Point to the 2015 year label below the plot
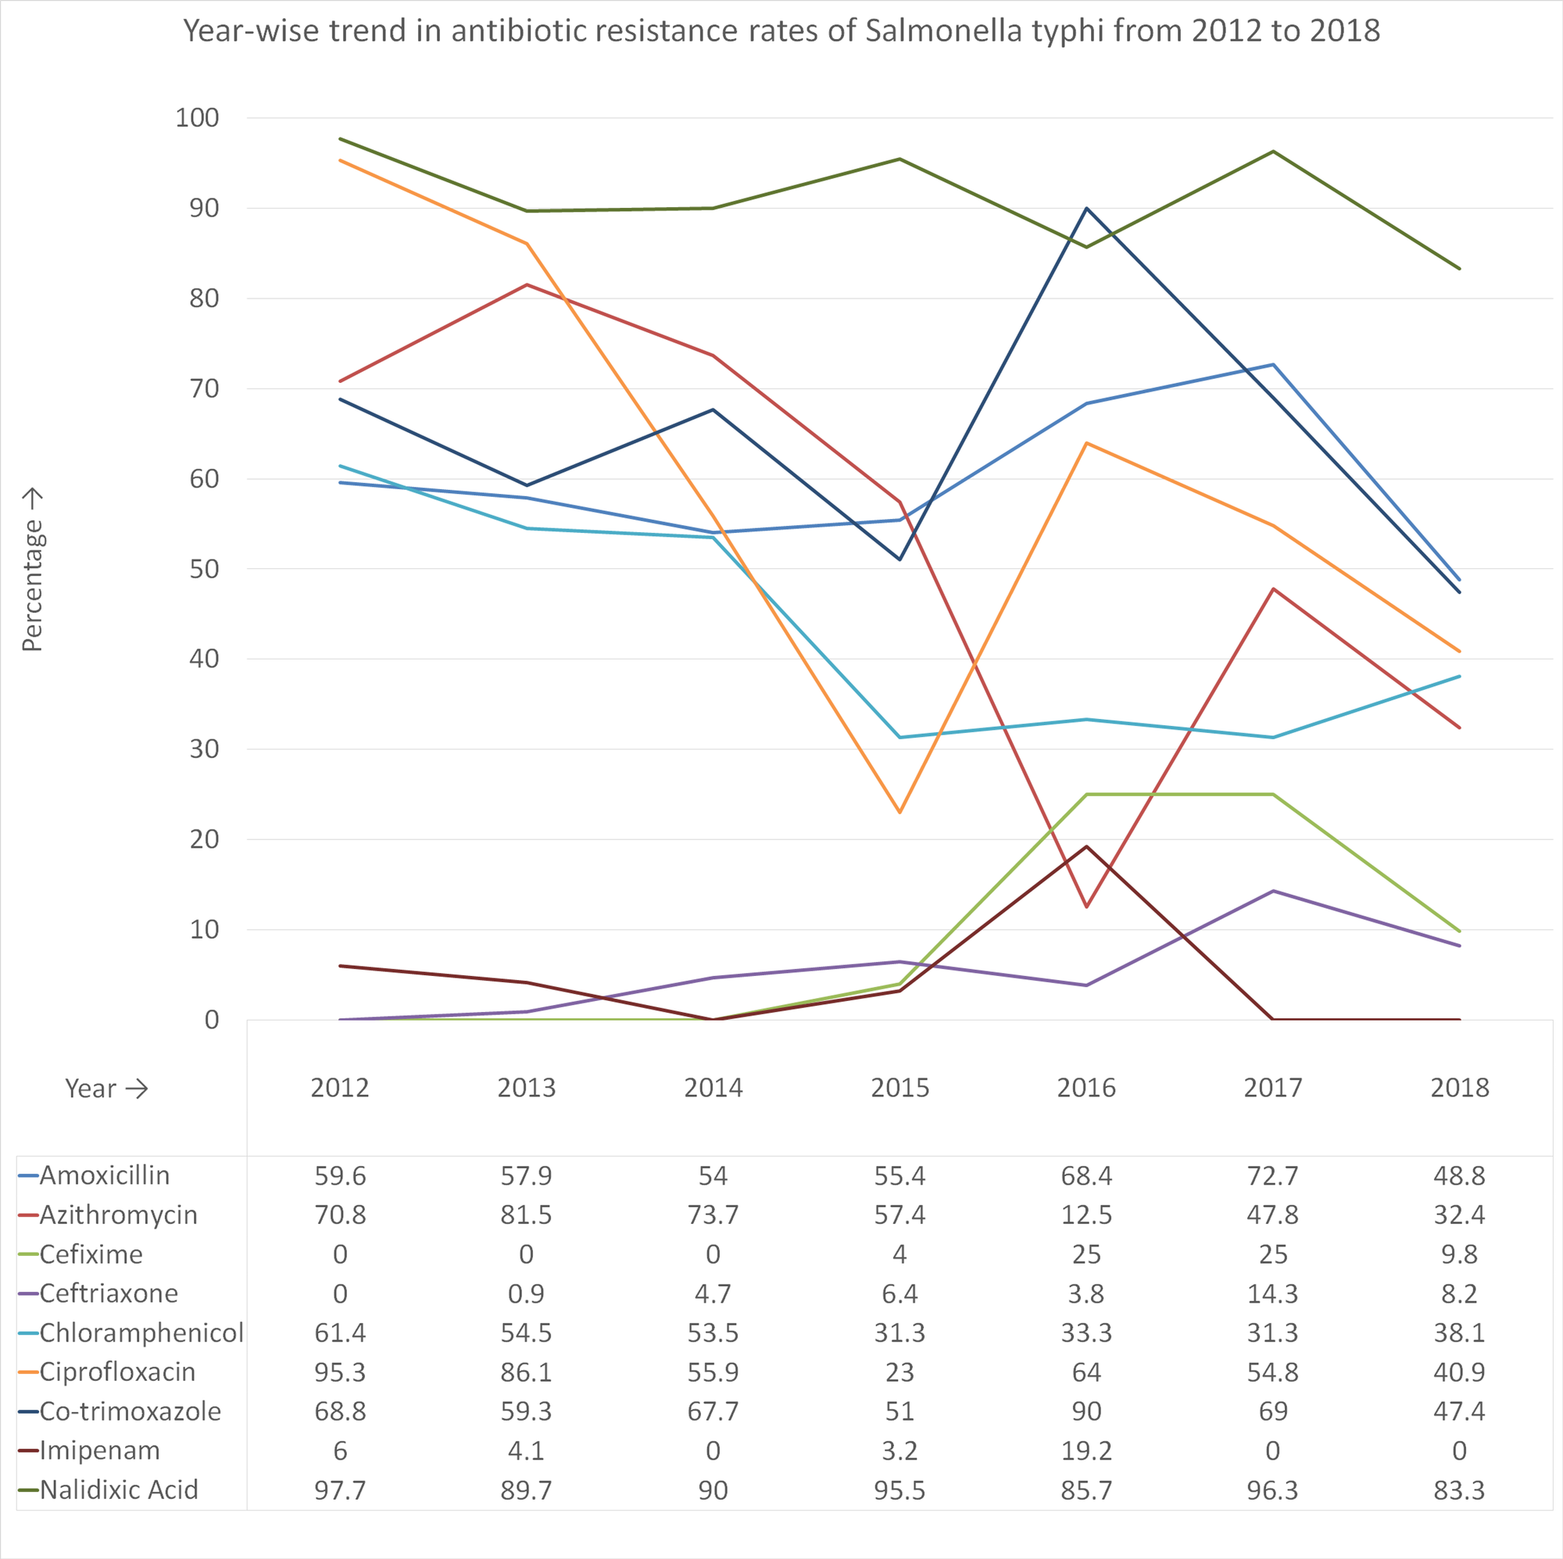[900, 1087]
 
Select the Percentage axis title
[31, 570]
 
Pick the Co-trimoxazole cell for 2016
[1086, 1411]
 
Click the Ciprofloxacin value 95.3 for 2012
[340, 1372]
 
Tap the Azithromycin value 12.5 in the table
[1086, 1214]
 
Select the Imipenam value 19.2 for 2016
[1086, 1450]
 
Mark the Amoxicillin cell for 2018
[1458, 1175]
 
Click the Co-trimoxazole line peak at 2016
[1086, 209]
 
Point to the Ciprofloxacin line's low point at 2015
[900, 811]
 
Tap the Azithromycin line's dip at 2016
[1086, 906]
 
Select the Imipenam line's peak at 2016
[1086, 846]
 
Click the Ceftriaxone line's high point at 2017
[1273, 891]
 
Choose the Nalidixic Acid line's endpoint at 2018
[1459, 269]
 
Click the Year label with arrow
[106, 1088]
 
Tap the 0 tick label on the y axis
[211, 1019]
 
